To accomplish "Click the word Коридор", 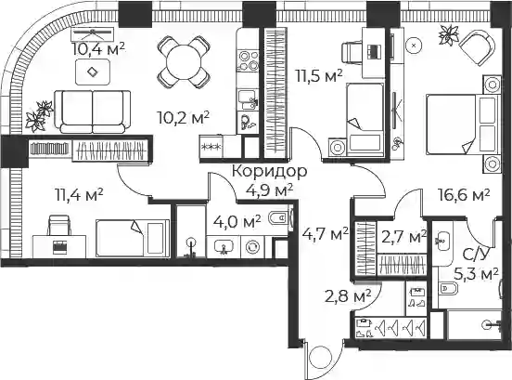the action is (269, 171).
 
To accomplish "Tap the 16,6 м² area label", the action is (464, 195).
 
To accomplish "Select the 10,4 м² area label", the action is (98, 50).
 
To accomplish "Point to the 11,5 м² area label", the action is (319, 76).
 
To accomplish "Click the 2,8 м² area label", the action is (348, 296).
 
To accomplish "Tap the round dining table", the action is (184, 62).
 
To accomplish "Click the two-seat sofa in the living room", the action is (93, 111).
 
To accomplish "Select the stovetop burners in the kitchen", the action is (249, 60).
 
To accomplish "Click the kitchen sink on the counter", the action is (248, 99).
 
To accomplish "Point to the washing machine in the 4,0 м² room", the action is (252, 247).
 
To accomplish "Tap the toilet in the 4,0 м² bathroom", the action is (278, 217).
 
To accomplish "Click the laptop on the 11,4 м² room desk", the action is (60, 247).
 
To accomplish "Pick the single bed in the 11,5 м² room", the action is (365, 119).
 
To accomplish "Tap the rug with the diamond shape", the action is (93, 72).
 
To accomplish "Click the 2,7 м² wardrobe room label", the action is (403, 237).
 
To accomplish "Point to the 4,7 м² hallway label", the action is (325, 233).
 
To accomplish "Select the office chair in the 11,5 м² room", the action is (352, 52).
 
